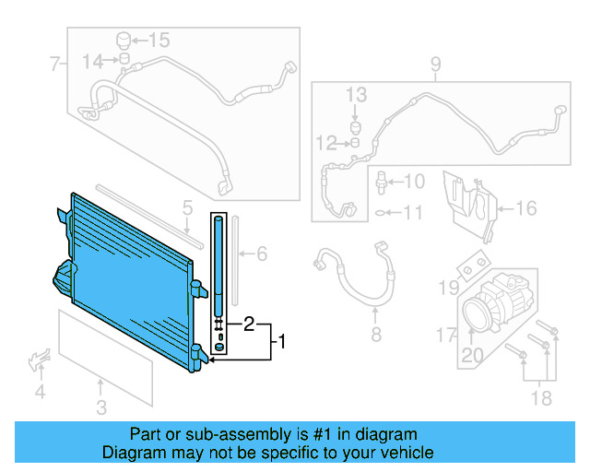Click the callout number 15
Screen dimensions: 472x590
pos(159,40)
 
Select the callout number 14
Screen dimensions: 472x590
pos(93,61)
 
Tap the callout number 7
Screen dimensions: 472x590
pos(54,65)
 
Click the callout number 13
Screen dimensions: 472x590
pos(357,95)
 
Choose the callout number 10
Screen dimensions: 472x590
pos(414,182)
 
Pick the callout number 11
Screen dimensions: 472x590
pos(412,213)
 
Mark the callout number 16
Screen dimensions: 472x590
pos(525,208)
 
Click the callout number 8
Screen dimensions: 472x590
pos(376,334)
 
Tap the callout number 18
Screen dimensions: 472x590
pos(542,398)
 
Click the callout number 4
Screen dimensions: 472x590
pos(40,394)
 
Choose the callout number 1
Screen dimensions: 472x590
pos(282,342)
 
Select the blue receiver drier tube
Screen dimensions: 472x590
pos(218,263)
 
